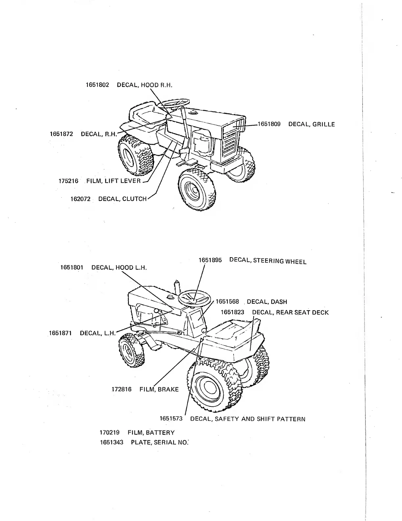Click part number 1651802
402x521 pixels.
97,85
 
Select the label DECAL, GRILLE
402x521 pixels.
311,124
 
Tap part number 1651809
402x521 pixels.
269,124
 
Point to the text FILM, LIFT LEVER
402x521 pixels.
113,181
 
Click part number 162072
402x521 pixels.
80,199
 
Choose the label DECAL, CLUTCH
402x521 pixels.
122,199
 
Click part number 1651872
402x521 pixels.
61,134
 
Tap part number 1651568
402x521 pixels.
227,302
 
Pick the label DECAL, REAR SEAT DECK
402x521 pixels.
290,312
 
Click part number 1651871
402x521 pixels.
60,333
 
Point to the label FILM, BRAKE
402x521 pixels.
159,389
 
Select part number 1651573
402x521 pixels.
171,419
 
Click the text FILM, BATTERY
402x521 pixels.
151,432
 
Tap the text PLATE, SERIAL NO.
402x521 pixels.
160,442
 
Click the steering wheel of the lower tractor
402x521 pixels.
194,298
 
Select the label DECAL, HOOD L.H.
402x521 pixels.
119,267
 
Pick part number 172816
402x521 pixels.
121,389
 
